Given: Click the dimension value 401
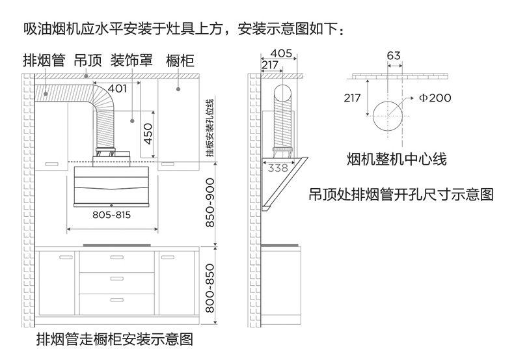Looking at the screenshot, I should tap(117, 89).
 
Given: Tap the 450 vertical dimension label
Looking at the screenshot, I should tap(148, 134).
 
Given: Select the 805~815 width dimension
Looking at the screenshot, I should tap(113, 214).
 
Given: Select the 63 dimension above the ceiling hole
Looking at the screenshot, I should tap(393, 56).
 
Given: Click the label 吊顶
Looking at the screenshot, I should tap(87, 61).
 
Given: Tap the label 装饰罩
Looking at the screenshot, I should tap(131, 61).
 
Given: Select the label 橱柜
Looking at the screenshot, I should tap(180, 61).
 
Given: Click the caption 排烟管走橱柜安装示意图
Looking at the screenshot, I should tap(115, 339).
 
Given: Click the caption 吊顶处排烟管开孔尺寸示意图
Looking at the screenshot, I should tap(401, 194).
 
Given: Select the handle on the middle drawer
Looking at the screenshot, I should tap(116, 279).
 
